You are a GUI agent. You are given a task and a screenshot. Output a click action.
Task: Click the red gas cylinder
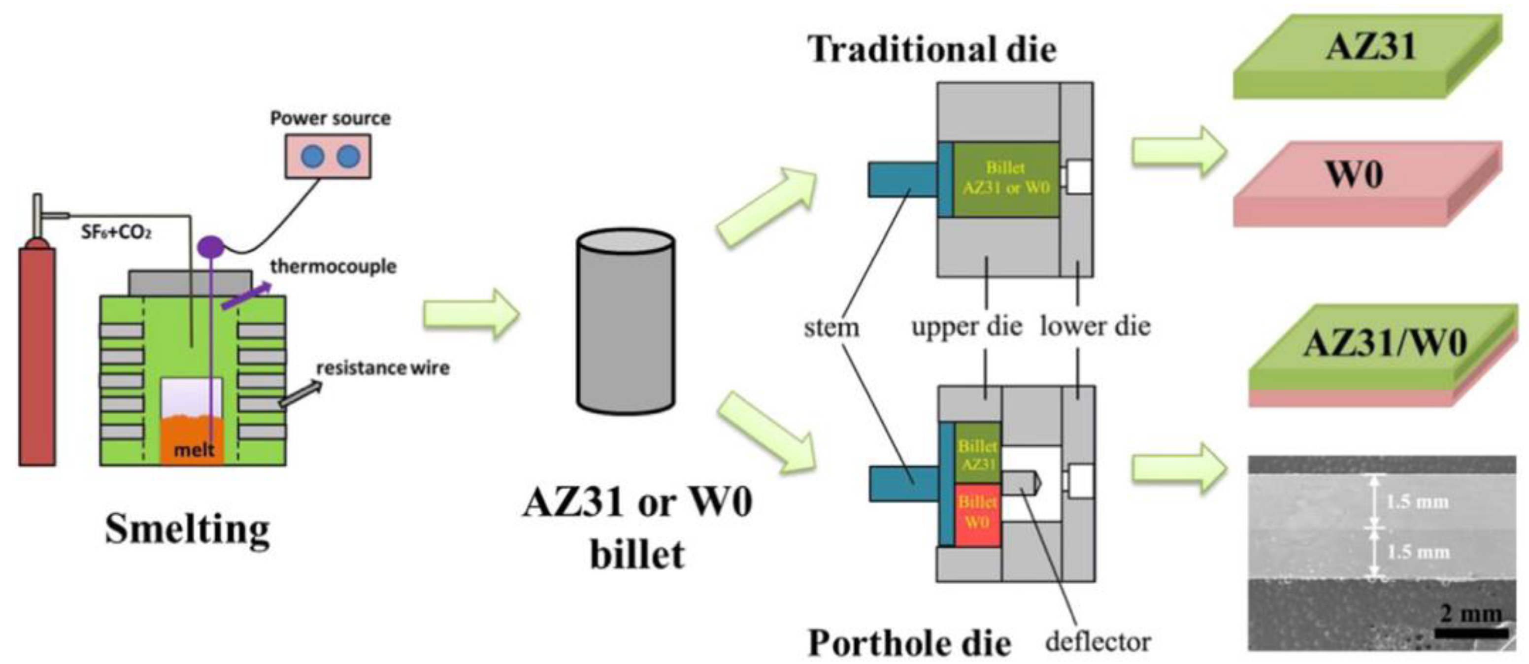pyautogui.click(x=37, y=356)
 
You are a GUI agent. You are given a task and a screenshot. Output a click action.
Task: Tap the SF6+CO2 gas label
pyautogui.click(x=116, y=232)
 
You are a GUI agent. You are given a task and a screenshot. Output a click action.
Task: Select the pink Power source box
pyautogui.click(x=328, y=157)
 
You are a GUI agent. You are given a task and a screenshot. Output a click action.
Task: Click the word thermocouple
pyautogui.click(x=333, y=266)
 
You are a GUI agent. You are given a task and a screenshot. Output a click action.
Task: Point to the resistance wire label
pyautogui.click(x=383, y=368)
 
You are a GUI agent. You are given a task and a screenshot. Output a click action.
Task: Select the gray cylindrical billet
pyautogui.click(x=625, y=324)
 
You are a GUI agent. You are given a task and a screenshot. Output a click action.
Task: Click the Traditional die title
pyautogui.click(x=932, y=49)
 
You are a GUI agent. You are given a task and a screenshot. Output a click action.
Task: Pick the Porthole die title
pyautogui.click(x=909, y=643)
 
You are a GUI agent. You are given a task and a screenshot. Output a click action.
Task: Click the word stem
pyautogui.click(x=831, y=327)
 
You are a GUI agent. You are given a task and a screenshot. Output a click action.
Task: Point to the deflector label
pyautogui.click(x=1097, y=641)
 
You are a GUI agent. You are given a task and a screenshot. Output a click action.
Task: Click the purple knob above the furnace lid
pyautogui.click(x=211, y=245)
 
